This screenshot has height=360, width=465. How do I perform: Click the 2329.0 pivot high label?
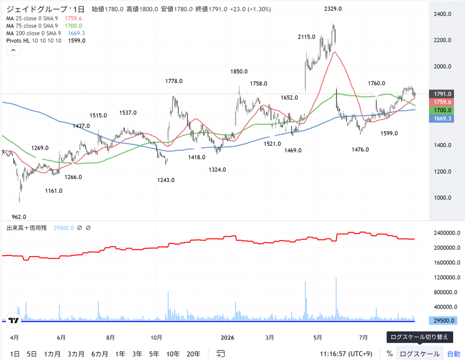tap(333, 9)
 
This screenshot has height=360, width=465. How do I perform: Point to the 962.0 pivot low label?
tap(19, 217)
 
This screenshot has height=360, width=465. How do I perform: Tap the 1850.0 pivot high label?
tap(239, 71)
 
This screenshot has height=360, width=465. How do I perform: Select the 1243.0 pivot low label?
tap(166, 180)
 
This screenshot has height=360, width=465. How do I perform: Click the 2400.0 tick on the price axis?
tap(442, 14)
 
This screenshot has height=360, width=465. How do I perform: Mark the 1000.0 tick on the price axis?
tap(442, 198)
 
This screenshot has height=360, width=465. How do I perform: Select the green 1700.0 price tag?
tap(441, 110)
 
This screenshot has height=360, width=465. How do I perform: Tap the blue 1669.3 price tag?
tap(441, 118)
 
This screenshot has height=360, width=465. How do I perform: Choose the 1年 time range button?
tap(120, 354)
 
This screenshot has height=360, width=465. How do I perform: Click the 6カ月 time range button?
tap(99, 354)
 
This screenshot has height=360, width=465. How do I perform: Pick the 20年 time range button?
tap(193, 354)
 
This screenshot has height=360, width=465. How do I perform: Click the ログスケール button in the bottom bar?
tap(420, 354)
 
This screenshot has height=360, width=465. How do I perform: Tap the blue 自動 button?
tap(454, 354)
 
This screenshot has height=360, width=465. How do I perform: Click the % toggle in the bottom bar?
tap(390, 354)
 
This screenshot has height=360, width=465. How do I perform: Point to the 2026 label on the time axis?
tap(228, 337)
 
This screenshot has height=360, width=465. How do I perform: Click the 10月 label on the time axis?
tap(156, 337)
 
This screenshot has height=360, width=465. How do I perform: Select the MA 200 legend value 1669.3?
tap(76, 33)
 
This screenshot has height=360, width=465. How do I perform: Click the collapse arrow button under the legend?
tap(13, 50)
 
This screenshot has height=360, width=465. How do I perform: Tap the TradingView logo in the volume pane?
tap(13, 320)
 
